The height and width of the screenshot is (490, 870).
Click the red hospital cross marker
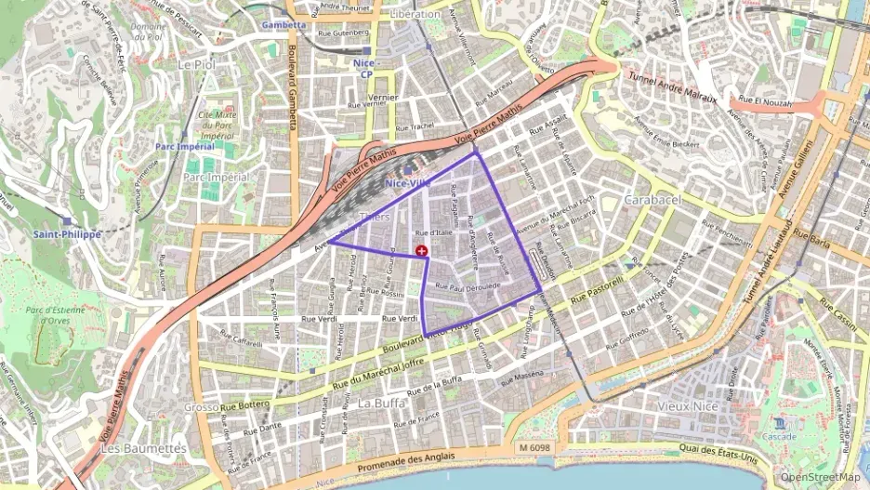[423, 251]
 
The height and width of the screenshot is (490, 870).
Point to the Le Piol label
[195, 65]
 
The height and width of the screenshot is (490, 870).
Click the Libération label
[415, 15]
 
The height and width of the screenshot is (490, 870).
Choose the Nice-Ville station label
[406, 184]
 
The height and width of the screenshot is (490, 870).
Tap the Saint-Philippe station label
[67, 234]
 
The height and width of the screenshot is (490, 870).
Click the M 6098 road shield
[536, 449]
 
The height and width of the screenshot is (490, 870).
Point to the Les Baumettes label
[141, 448]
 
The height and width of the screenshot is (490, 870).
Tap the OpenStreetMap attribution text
[821, 477]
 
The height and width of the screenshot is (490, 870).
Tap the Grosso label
[201, 406]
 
